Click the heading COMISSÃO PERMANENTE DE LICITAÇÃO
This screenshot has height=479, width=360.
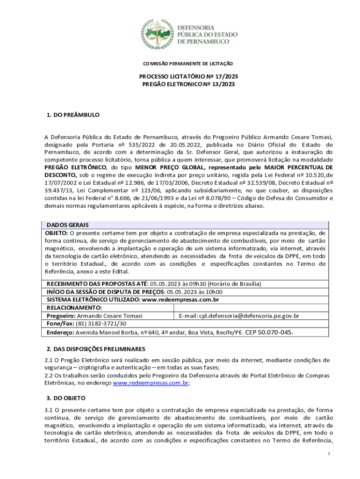click(x=187, y=64)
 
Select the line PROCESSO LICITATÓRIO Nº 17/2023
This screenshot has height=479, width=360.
click(x=187, y=76)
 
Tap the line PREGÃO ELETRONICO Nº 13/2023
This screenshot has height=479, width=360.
click(x=188, y=84)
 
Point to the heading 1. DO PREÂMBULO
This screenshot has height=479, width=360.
click(x=73, y=115)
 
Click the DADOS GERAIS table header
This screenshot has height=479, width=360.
click(x=67, y=225)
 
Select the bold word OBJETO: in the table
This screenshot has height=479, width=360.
click(x=57, y=232)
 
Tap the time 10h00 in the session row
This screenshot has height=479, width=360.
click(x=214, y=291)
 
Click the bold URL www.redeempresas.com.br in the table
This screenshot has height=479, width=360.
click(x=180, y=299)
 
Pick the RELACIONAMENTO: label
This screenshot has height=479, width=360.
click(x=74, y=307)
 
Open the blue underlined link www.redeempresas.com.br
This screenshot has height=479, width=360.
click(x=151, y=383)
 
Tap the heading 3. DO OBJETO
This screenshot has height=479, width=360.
click(x=66, y=398)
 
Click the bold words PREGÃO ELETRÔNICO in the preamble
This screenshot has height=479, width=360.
click(x=75, y=167)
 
